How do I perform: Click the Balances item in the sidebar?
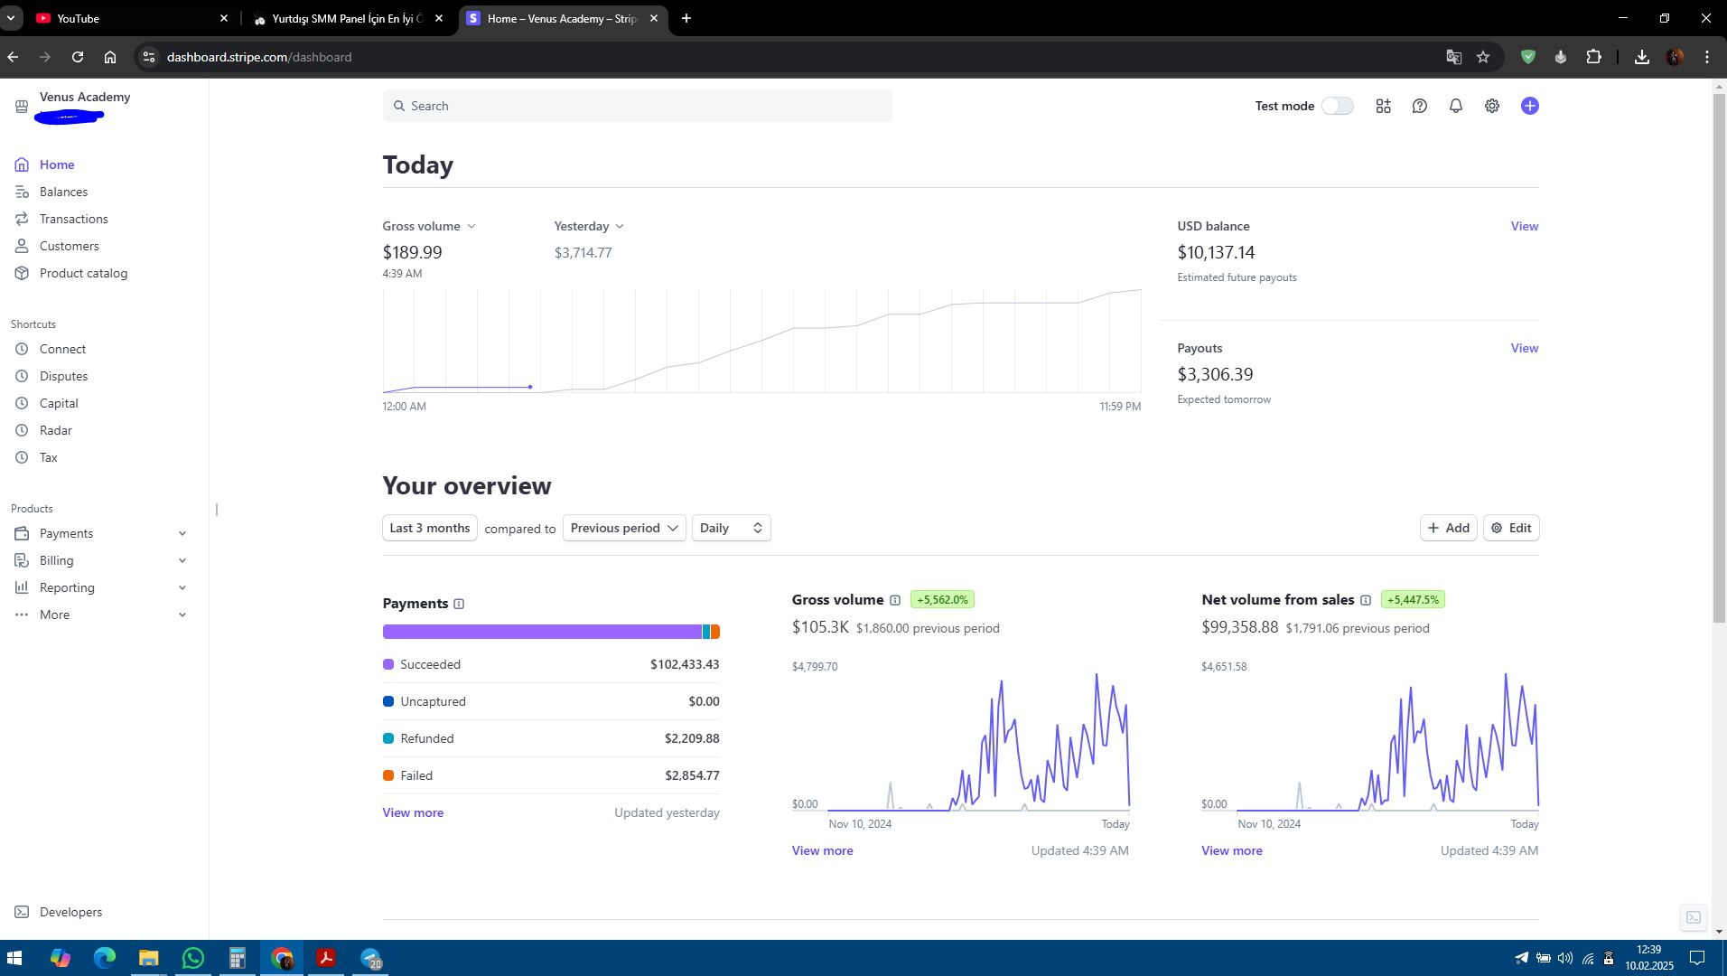pos(63,192)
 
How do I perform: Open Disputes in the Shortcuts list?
pos(63,376)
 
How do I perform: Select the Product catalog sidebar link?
pos(83,273)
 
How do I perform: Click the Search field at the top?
pos(637,106)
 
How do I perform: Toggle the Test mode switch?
pos(1337,106)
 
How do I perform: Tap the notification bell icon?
pos(1455,106)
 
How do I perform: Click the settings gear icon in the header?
pos(1491,106)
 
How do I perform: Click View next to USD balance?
pos(1524,226)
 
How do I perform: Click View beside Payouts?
pos(1524,348)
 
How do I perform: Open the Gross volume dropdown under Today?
pos(429,226)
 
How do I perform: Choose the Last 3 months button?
pos(429,528)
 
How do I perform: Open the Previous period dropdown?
pos(624,528)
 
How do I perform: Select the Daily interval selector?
pos(731,528)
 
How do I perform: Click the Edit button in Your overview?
pos(1511,528)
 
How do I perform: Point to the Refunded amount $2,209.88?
pos(692,738)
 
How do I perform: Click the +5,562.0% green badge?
pos(942,599)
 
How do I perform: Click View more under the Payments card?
pos(413,812)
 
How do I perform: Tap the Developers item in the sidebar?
pos(70,912)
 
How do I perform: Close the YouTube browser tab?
pos(224,18)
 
